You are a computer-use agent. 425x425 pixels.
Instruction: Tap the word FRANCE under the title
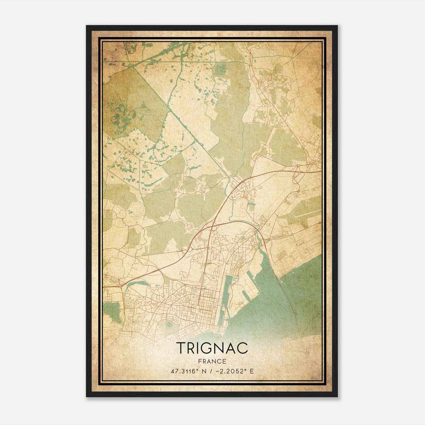click(212, 361)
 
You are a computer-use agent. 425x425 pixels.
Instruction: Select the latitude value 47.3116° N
click(188, 371)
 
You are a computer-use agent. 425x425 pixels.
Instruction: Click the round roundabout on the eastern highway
click(298, 166)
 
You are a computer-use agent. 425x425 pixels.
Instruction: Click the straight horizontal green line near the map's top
click(159, 61)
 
